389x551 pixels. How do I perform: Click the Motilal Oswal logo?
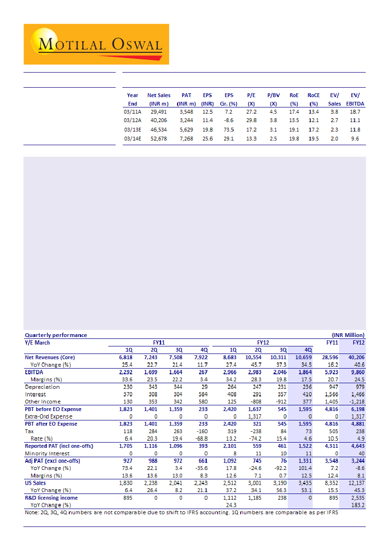(x=96, y=44)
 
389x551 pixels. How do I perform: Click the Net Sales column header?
(x=159, y=99)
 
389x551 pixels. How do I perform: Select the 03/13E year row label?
(x=133, y=129)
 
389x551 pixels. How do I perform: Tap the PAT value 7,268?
(x=186, y=139)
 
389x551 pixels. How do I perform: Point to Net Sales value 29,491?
(x=159, y=112)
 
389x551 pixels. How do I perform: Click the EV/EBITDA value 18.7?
(x=355, y=112)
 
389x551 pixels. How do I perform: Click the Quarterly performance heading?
(x=56, y=335)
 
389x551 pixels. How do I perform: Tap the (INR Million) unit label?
(x=348, y=335)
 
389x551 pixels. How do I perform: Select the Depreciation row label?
(x=42, y=387)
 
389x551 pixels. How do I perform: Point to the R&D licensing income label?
(x=51, y=498)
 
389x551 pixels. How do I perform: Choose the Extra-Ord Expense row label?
(x=49, y=416)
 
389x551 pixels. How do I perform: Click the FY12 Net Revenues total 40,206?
(x=356, y=357)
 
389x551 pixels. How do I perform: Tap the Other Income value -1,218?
(x=356, y=402)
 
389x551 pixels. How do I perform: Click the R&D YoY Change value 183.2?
(x=357, y=505)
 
